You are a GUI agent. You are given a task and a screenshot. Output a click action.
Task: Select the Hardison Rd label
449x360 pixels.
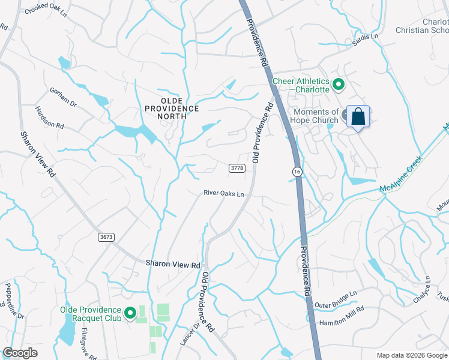coord(49,118)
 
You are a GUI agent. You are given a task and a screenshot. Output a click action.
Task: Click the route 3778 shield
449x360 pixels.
coord(237,169)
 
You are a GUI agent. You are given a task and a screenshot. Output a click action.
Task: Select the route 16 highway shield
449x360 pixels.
coord(297,172)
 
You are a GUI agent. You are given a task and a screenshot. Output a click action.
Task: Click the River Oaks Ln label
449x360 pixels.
coord(224,193)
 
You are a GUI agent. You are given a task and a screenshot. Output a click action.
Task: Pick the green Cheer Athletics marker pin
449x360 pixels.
coord(338,85)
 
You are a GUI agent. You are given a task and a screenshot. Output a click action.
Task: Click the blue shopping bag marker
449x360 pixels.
coord(358,116)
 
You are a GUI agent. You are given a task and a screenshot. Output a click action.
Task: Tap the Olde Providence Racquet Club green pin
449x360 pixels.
coord(129,313)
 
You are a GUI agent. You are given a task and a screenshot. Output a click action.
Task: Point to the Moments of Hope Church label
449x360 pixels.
coord(315,116)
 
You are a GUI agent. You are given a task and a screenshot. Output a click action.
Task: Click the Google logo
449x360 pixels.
coord(20,353)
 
